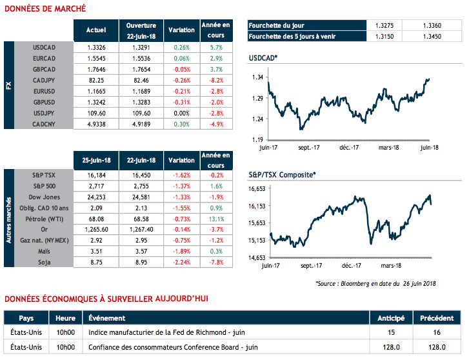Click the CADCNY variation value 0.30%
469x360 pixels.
[181, 124]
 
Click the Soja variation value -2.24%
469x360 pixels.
[181, 263]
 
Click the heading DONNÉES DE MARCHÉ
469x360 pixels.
[45, 9]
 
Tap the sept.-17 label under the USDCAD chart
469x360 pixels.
[308, 147]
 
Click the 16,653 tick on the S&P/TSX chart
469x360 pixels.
[258, 189]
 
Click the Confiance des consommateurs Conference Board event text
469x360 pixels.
[174, 347]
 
